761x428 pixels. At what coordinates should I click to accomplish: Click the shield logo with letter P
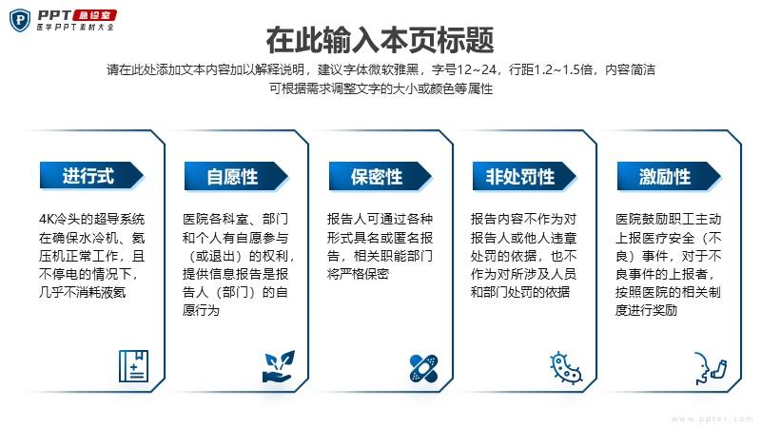pos(20,20)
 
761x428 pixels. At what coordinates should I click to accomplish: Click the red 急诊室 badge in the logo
pos(94,15)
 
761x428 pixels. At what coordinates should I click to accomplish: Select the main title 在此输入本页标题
pos(380,40)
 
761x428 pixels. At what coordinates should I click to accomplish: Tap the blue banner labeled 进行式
pos(91,176)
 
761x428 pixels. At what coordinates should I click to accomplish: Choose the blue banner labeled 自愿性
pos(236,176)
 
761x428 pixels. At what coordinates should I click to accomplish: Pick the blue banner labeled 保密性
pos(380,176)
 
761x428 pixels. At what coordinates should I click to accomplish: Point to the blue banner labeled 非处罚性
pos(524,176)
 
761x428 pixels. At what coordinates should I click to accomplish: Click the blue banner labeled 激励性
pos(669,176)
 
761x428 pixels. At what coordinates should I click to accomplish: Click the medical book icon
pos(133,366)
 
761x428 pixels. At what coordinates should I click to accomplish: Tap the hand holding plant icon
pos(279,366)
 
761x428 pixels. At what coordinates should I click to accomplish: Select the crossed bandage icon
pos(423,368)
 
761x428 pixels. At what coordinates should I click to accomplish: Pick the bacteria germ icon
pos(566,367)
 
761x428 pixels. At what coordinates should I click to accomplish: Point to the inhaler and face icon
pos(711,368)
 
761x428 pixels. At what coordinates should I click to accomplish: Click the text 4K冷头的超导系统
pos(91,219)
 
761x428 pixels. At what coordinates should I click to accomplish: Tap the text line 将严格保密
pos(359,274)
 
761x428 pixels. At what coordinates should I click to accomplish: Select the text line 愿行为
pos(202,311)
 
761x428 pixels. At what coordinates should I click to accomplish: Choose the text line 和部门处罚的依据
pos(520,292)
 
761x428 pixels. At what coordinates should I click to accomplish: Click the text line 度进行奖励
pos(646,311)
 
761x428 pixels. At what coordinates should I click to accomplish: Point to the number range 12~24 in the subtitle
pos(477,69)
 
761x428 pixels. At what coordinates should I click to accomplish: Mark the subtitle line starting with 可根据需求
pos(381,88)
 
